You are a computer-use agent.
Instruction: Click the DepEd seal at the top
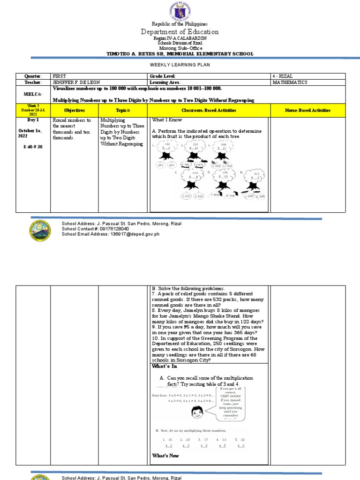click(x=180, y=10)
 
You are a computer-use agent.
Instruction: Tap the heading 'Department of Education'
click(x=180, y=32)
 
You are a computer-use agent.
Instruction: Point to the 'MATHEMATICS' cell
click(x=290, y=82)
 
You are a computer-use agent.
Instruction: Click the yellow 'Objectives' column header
click(x=74, y=110)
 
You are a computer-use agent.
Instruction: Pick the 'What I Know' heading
click(x=166, y=120)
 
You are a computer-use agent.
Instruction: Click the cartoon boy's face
click(x=197, y=412)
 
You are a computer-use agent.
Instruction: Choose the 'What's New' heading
click(x=165, y=456)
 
